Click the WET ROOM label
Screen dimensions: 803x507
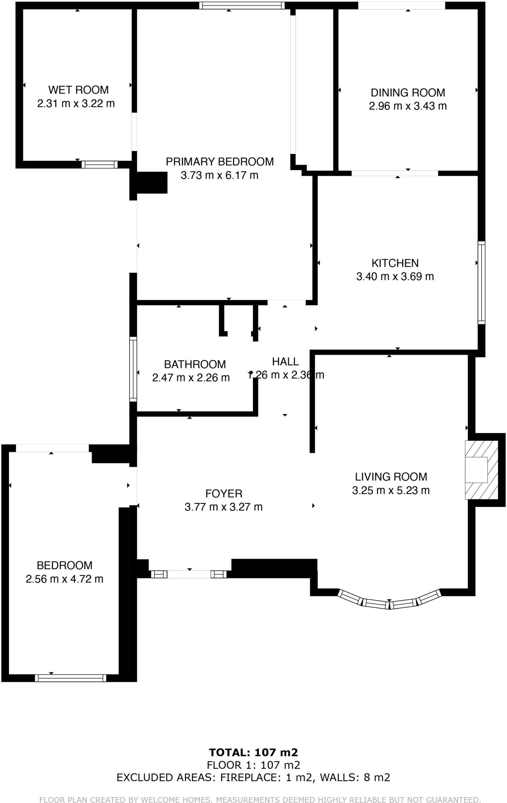pos(78,90)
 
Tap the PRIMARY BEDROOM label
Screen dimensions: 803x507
pos(220,162)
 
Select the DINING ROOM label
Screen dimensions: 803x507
pos(408,93)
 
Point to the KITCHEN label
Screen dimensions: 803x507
pos(395,263)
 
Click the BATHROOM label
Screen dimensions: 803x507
pos(195,364)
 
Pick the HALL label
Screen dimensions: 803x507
pos(285,362)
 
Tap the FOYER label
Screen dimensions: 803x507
pos(224,493)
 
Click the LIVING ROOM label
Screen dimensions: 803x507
pos(391,477)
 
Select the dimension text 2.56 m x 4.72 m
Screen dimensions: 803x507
pos(65,579)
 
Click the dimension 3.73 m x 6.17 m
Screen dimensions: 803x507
pos(220,175)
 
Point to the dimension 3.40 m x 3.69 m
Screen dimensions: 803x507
pos(395,276)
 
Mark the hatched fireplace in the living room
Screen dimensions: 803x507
pos(481,470)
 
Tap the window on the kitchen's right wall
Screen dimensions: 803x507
pos(481,282)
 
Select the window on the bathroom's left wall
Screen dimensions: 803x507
pos(133,369)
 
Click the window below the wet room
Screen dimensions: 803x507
pos(100,164)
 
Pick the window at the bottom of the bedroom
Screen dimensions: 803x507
pos(71,678)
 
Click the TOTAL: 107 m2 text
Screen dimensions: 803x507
pos(253,752)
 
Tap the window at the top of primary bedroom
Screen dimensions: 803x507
pos(242,5)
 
